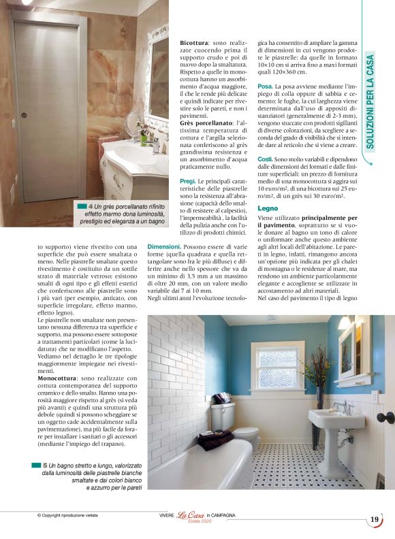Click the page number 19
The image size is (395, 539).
[375, 519]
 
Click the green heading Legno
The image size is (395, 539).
[268, 208]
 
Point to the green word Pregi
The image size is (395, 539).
[188, 181]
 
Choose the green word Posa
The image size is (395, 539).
[265, 86]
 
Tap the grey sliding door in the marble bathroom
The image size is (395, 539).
[45, 109]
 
